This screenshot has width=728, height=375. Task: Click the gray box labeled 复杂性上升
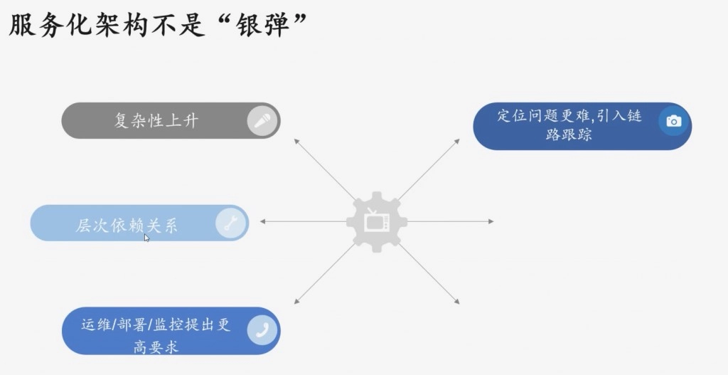tap(156, 120)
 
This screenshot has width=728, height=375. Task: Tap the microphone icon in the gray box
tap(262, 120)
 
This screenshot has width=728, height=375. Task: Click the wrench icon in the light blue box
tap(230, 224)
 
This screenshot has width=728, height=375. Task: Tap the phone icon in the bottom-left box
tap(262, 330)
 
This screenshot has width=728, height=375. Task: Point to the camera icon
tap(673, 122)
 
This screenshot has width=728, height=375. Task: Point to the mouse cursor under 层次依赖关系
tap(146, 238)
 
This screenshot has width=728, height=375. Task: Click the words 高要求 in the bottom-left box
tap(156, 347)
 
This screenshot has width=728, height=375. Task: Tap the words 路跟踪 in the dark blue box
tap(569, 134)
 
